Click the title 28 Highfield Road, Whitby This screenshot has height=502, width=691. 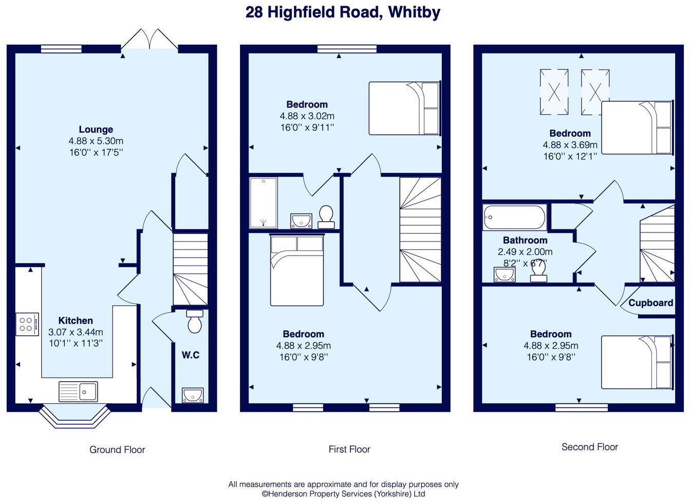coord(343,12)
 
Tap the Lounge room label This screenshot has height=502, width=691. coord(96,130)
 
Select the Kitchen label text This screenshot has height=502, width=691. coord(76,320)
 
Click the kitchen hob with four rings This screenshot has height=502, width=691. coord(27,324)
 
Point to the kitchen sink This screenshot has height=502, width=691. coord(78,391)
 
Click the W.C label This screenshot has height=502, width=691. coord(190,355)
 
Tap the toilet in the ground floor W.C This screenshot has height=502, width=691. coord(195,322)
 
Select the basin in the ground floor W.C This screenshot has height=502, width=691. coord(193,395)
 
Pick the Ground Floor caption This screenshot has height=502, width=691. coord(117,450)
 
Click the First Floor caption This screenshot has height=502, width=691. coord(349,449)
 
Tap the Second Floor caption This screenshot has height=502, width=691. coord(589,447)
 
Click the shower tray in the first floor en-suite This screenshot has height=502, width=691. coord(263,203)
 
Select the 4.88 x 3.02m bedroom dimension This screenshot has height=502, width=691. coord(307,116)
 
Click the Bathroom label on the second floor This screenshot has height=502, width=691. coord(525,240)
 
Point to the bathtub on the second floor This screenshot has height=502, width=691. coord(514,218)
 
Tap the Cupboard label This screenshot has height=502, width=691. coord(650,303)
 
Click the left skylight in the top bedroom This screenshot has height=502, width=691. coord(554,92)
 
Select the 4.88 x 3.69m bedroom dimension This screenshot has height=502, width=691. coord(570,145)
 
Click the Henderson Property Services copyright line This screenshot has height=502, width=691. coord(343,494)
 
